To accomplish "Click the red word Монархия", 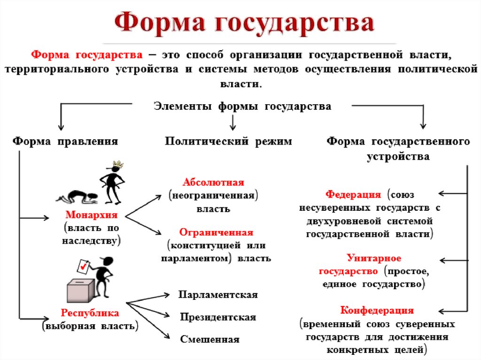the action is pyautogui.click(x=91, y=215).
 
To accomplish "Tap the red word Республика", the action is pyautogui.click(x=90, y=313).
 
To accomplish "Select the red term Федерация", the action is pyautogui.click(x=353, y=194).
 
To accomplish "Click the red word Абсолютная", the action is pyautogui.click(x=213, y=182).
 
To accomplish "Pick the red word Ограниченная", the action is pyautogui.click(x=216, y=232).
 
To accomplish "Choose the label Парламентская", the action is pyautogui.click(x=218, y=295).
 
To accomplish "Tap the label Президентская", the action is pyautogui.click(x=218, y=317).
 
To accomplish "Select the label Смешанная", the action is pyautogui.click(x=209, y=339).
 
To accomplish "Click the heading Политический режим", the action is pyautogui.click(x=228, y=141).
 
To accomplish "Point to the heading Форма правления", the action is pyautogui.click(x=65, y=141).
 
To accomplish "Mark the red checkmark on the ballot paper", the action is pyautogui.click(x=83, y=267).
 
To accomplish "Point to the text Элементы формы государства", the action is pyautogui.click(x=242, y=106).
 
